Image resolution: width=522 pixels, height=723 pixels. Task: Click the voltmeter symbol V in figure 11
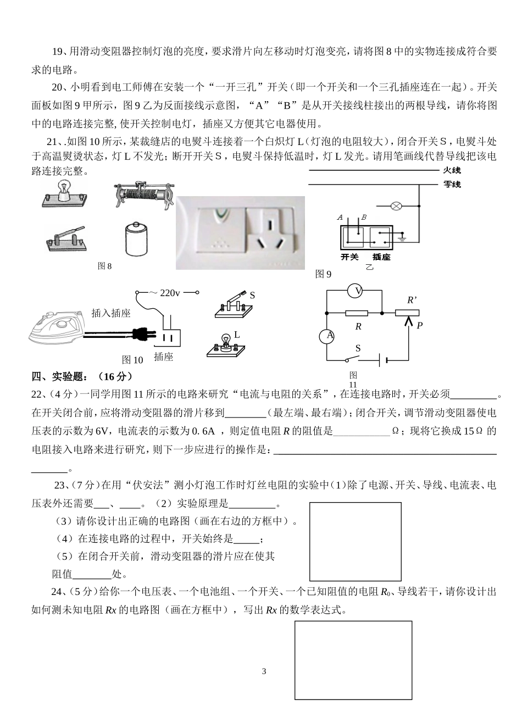click(x=357, y=291)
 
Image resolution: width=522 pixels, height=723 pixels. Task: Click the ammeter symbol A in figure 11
click(x=327, y=335)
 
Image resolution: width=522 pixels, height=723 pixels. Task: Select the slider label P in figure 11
click(x=419, y=325)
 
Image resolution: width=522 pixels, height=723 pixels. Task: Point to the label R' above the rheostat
click(x=412, y=301)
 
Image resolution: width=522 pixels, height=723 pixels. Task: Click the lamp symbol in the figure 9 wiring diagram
click(x=395, y=207)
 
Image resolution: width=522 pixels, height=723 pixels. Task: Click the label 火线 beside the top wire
click(x=452, y=171)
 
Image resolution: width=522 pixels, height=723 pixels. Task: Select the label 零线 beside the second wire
click(x=452, y=185)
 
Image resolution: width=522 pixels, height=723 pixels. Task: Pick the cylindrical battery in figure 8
click(x=136, y=239)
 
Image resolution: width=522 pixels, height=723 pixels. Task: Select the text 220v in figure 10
click(x=170, y=293)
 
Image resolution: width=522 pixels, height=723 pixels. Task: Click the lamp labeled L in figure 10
click(x=225, y=345)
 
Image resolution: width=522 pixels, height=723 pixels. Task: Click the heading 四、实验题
click(x=82, y=376)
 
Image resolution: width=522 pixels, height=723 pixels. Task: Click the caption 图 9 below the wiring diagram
click(x=323, y=274)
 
